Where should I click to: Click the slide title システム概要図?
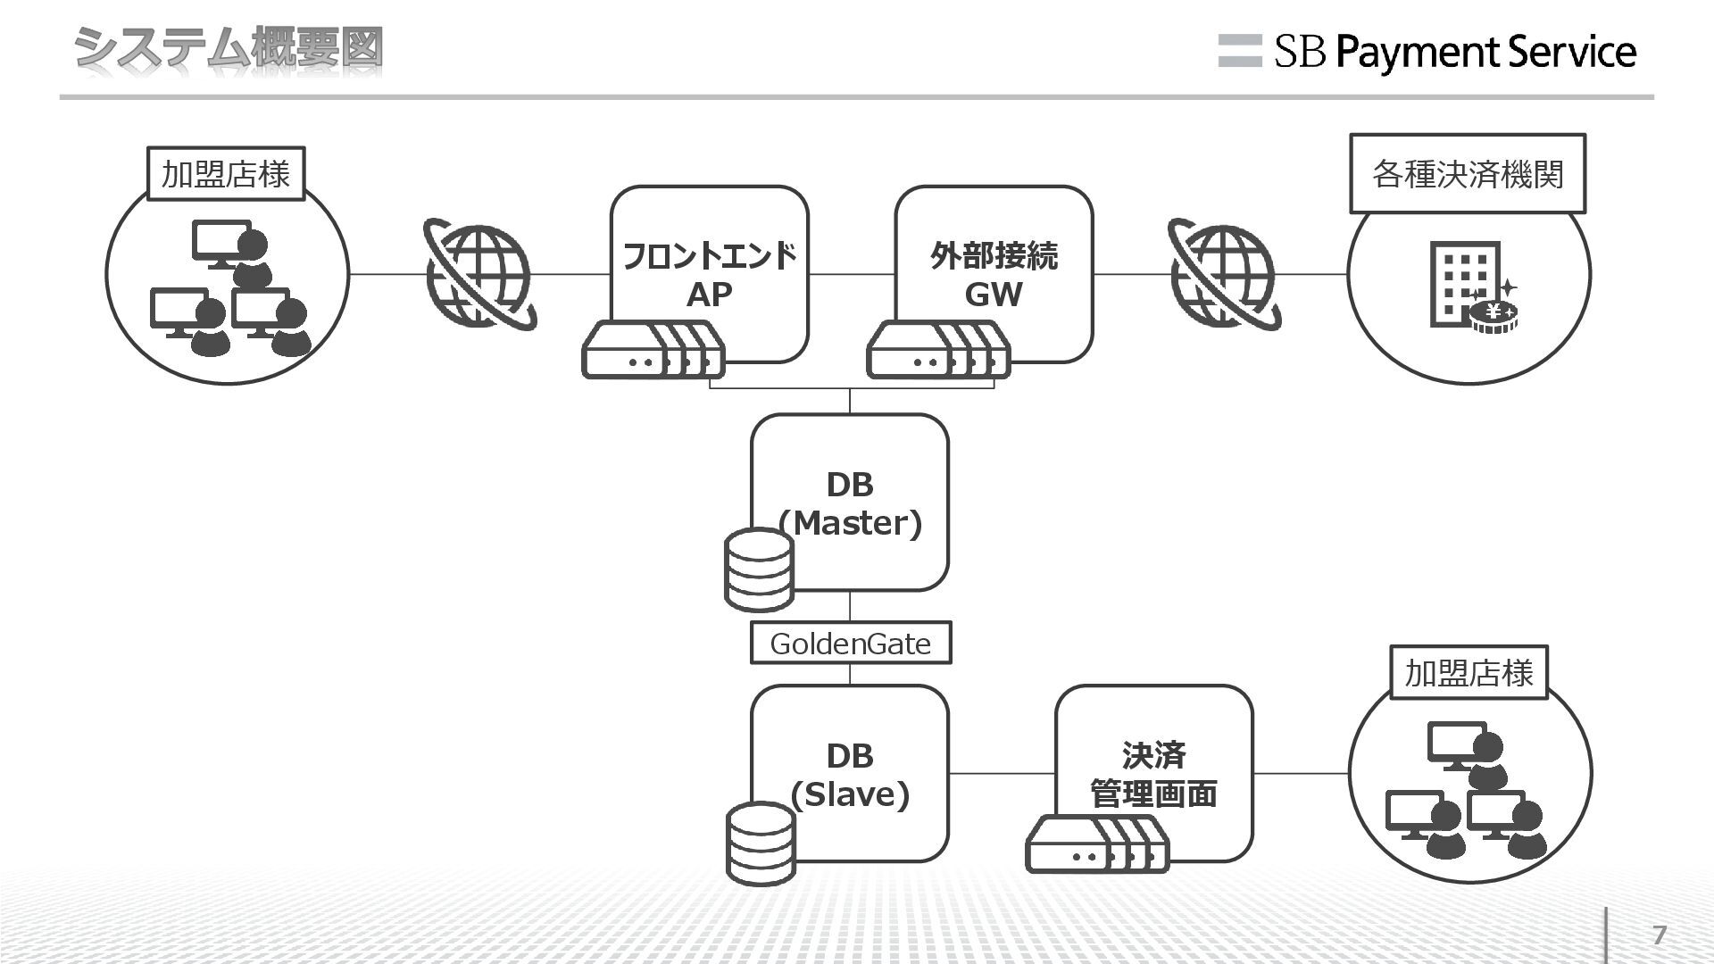[229, 48]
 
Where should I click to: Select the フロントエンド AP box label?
[709, 274]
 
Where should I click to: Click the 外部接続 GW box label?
[994, 274]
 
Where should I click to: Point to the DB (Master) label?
[850, 503]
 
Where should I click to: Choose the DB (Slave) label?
[850, 775]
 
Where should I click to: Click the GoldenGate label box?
[850, 643]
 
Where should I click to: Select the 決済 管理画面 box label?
[1153, 774]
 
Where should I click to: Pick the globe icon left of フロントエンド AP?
[479, 274]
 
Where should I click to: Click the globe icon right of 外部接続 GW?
[1224, 274]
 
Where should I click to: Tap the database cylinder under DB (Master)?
[759, 570]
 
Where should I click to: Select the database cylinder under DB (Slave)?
[760, 843]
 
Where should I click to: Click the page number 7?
[1660, 935]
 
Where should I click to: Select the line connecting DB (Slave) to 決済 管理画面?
[1002, 774]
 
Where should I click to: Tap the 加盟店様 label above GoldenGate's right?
[1469, 672]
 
